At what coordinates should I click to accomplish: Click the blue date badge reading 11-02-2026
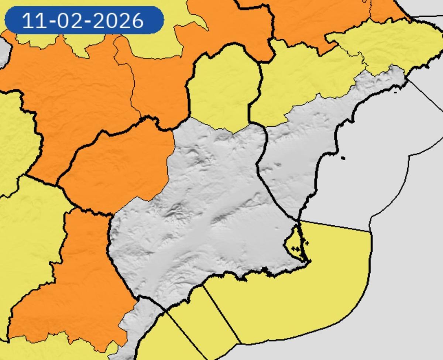(84, 20)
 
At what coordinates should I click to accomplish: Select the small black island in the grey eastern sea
(343, 158)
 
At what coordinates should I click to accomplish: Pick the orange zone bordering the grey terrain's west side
(118, 162)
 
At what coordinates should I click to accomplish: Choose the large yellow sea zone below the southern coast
(295, 295)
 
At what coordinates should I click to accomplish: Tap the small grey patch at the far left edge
(3, 52)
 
